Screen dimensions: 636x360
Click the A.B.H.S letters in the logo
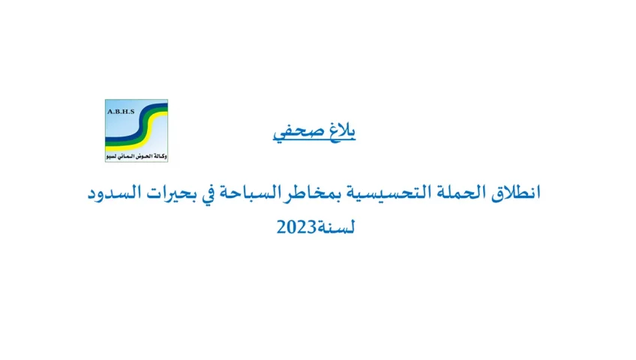click(121, 112)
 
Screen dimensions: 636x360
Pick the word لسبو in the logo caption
click(112, 156)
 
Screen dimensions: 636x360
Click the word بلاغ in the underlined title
click(342, 130)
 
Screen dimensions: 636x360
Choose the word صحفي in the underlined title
click(299, 132)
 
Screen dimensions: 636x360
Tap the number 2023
click(296, 227)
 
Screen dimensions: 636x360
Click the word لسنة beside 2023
click(335, 227)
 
